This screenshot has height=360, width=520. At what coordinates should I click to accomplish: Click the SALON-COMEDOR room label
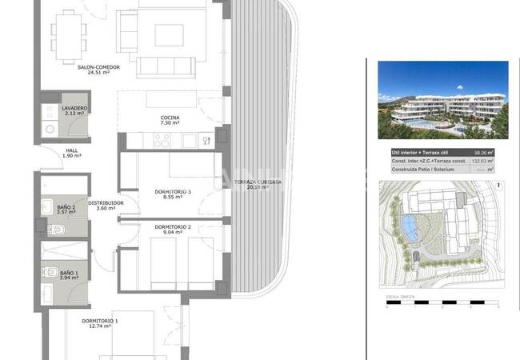99,67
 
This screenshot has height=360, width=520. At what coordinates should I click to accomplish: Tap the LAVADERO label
74,108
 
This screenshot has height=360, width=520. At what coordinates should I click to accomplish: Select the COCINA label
169,118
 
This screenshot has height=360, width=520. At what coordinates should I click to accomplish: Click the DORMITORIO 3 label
173,191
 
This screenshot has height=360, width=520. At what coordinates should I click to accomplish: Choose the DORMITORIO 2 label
173,227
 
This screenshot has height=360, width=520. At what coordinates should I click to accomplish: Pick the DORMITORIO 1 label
100,321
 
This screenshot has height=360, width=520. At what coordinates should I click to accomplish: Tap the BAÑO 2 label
66,207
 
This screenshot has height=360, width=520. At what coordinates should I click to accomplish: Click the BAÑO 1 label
69,273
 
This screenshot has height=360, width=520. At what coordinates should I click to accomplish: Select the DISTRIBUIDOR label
106,203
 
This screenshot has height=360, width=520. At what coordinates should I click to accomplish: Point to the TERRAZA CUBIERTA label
257,182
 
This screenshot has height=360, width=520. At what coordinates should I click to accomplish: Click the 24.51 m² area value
98,73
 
